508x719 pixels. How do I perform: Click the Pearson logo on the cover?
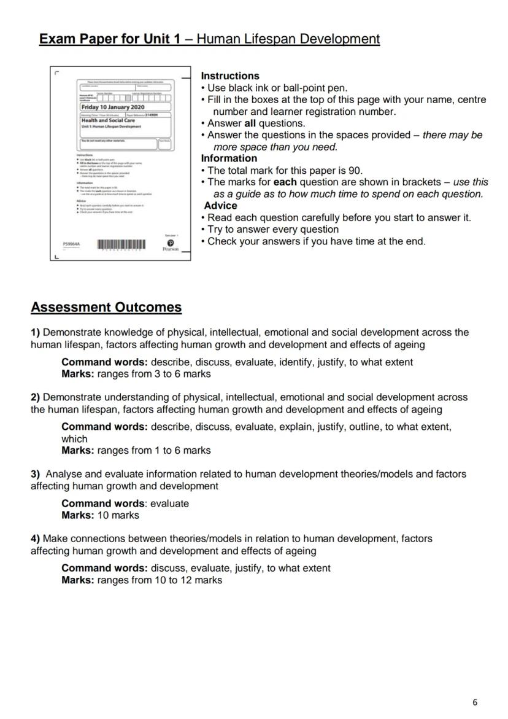(x=170, y=245)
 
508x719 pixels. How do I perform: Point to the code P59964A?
(x=71, y=244)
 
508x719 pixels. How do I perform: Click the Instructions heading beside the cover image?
(x=230, y=76)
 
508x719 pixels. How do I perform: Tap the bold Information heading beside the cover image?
(x=229, y=158)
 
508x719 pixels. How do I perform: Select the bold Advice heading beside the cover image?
(x=220, y=206)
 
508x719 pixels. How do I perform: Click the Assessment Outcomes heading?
(x=106, y=307)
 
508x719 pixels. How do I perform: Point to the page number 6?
(x=474, y=702)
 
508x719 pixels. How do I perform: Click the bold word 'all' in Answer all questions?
(x=250, y=123)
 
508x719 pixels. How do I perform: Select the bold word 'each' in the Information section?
(x=284, y=182)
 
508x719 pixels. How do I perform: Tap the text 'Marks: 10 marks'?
(x=100, y=515)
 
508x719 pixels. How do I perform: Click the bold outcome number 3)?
(x=35, y=474)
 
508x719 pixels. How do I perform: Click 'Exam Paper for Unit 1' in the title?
(x=110, y=39)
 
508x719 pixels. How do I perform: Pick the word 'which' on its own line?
(x=74, y=439)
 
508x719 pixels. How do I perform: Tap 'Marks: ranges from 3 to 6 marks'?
(x=136, y=374)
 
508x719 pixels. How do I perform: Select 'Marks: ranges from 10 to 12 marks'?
(x=141, y=580)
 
